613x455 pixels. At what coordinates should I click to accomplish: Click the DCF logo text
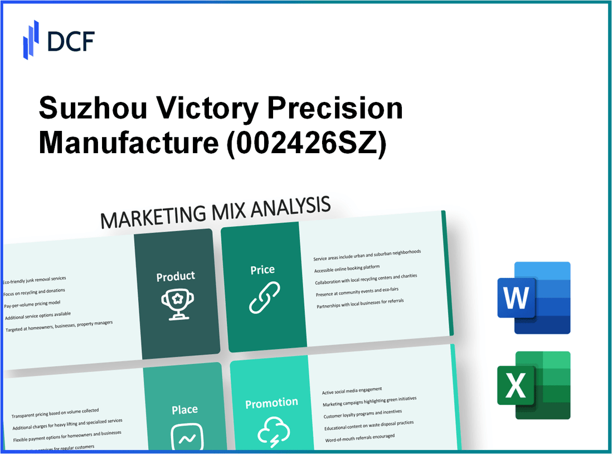71,41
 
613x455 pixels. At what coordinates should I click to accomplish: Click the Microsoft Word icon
534,298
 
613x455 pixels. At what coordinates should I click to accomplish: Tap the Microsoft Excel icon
534,385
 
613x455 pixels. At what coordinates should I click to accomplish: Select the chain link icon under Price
264,298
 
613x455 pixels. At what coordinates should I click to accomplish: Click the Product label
176,276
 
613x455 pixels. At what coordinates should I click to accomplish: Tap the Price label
262,270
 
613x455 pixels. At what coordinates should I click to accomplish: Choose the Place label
184,409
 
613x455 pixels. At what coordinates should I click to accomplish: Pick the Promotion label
272,402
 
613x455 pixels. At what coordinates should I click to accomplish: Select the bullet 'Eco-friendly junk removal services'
35,280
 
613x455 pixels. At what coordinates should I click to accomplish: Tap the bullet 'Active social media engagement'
352,391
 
